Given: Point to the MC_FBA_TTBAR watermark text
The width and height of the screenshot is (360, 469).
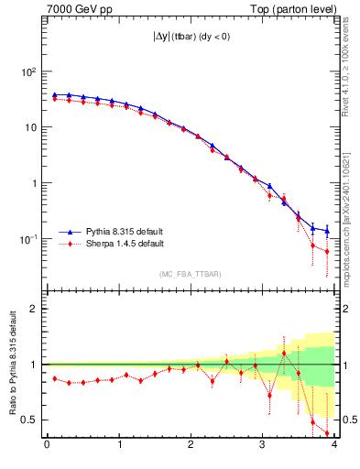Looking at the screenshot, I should [x=191, y=274].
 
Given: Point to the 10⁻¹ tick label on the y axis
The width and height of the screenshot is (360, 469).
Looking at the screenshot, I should [x=27, y=238].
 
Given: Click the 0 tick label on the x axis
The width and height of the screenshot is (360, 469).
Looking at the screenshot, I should [x=47, y=446].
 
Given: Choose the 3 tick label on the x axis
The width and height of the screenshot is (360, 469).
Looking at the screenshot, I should [x=263, y=446].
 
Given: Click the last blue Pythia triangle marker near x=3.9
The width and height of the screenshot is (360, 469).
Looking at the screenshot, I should [x=327, y=230].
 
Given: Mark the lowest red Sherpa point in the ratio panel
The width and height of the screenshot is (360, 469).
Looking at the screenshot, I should [x=327, y=433].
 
